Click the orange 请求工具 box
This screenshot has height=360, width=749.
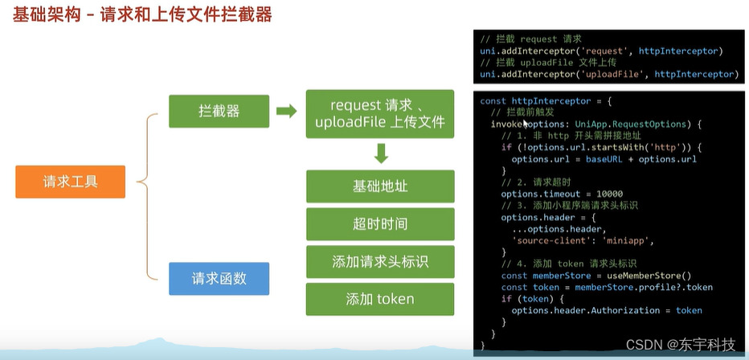pos(71,182)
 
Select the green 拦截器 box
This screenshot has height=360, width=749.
pos(219,111)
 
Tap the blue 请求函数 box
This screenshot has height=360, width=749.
pos(219,279)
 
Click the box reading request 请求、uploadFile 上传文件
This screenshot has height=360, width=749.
pos(380,114)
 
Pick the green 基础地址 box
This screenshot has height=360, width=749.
pos(380,186)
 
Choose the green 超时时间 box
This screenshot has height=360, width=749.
pos(380,224)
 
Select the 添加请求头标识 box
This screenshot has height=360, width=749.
pos(380,262)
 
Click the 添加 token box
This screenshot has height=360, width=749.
pos(380,299)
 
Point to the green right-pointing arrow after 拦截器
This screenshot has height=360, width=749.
pos(286,111)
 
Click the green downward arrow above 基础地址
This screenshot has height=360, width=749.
pos(381,153)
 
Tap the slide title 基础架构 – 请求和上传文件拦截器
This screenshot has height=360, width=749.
pos(141,14)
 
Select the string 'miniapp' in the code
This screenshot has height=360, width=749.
pos(629,240)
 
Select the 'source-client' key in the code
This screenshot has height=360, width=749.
pos(550,240)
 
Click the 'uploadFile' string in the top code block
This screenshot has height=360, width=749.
pos(615,74)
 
